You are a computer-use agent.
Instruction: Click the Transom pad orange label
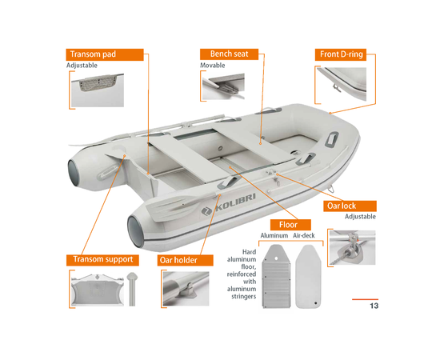[105, 54]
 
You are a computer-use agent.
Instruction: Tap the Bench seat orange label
[229, 54]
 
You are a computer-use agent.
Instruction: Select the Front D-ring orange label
[341, 54]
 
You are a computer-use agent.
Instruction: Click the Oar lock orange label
[350, 206]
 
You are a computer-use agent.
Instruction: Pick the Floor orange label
[290, 225]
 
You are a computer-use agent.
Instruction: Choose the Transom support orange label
[102, 260]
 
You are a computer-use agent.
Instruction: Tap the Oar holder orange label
[186, 260]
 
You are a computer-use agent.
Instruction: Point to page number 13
[374, 306]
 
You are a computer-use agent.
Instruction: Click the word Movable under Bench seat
[213, 66]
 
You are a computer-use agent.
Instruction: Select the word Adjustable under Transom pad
[82, 66]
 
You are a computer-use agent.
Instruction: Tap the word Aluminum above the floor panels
[274, 235]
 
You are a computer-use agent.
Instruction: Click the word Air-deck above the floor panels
[304, 235]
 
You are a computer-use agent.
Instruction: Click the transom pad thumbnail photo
[98, 90]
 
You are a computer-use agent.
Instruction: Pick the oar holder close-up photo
[186, 289]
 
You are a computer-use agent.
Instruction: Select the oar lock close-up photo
[353, 247]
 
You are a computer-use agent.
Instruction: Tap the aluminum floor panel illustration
[276, 276]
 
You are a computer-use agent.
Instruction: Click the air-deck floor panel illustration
[308, 277]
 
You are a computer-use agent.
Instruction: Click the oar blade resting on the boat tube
[168, 209]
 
